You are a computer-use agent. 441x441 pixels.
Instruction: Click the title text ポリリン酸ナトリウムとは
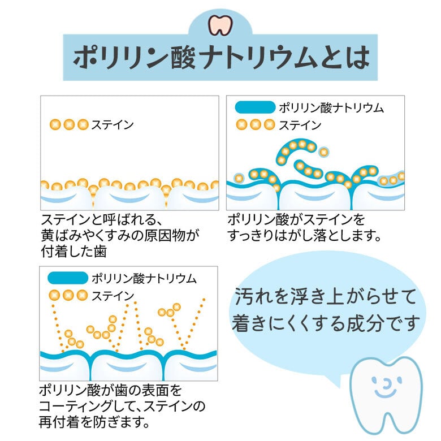coord(221,57)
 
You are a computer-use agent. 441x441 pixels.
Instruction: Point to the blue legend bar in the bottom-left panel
coord(68,278)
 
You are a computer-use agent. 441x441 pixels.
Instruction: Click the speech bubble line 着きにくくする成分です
coord(326,323)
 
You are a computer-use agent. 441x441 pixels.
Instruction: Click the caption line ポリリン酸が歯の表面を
coord(111,391)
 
